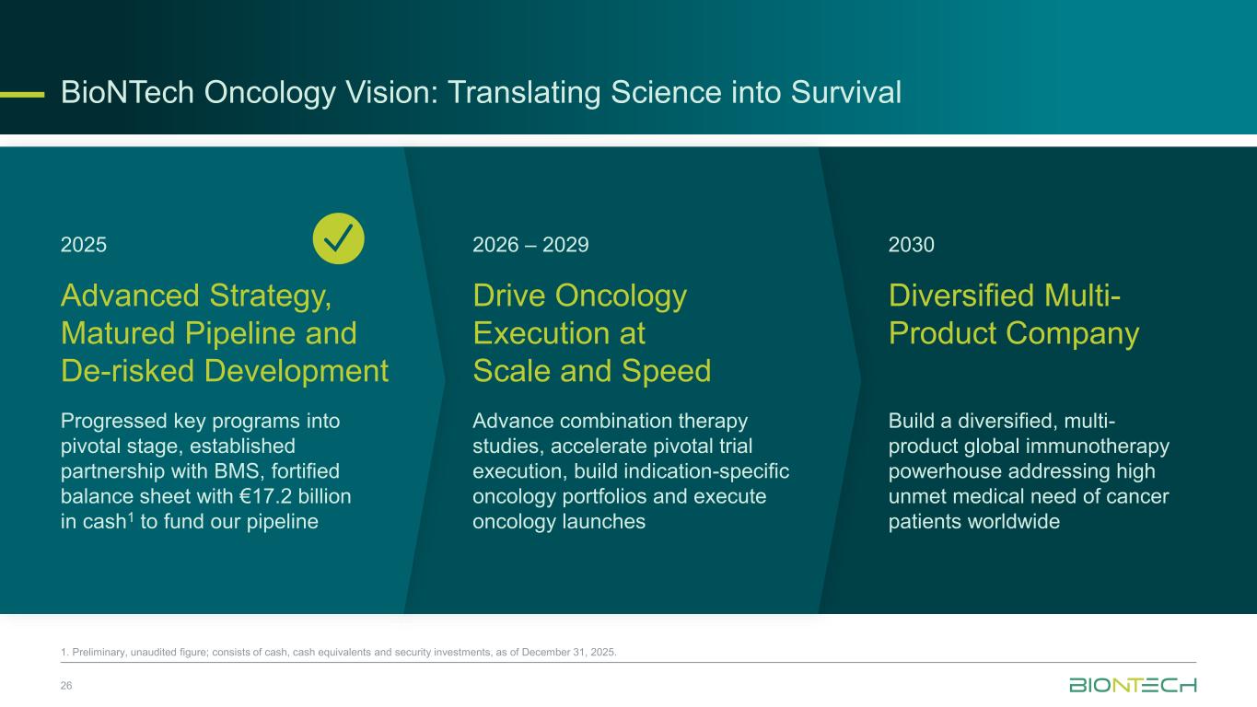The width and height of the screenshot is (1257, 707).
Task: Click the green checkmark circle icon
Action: (338, 238)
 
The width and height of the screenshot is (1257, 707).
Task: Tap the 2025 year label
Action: (84, 245)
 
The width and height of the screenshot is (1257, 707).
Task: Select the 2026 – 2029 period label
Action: (530, 245)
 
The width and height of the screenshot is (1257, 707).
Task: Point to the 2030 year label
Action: (912, 245)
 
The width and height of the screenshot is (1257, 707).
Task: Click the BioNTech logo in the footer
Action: (1133, 685)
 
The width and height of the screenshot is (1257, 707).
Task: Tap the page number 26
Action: (66, 686)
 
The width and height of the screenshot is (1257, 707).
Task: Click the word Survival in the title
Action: (846, 92)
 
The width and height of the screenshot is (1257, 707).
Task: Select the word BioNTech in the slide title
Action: (127, 92)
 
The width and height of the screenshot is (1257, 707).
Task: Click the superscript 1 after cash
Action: (131, 516)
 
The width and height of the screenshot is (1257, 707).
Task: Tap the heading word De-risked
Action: (127, 371)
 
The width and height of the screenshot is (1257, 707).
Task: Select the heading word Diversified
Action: (961, 296)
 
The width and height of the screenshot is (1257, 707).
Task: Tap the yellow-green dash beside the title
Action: (22, 95)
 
